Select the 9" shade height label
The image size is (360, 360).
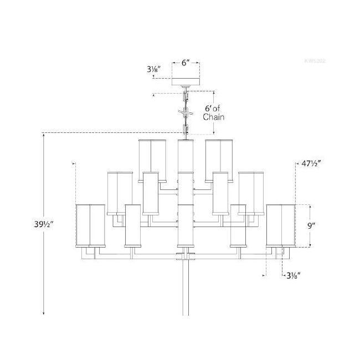pyautogui.click(x=312, y=225)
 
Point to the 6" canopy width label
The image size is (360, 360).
pyautogui.click(x=185, y=63)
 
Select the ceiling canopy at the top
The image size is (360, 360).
pyautogui.click(x=185, y=82)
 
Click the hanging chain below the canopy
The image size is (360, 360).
pyautogui.click(x=185, y=114)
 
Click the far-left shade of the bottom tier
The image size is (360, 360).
pyautogui.click(x=90, y=225)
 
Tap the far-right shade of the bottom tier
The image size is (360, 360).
pyautogui.click(x=280, y=225)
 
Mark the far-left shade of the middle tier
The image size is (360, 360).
pyautogui.click(x=119, y=192)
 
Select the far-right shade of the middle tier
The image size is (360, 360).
pyautogui.click(x=251, y=192)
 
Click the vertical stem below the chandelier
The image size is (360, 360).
pyautogui.click(x=185, y=288)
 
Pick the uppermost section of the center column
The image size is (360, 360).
pyautogui.click(x=185, y=156)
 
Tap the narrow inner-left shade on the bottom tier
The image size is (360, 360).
pyautogui.click(x=132, y=225)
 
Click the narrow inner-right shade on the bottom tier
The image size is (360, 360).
pyautogui.click(x=238, y=225)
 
